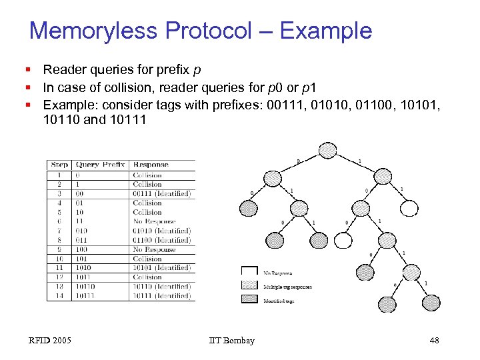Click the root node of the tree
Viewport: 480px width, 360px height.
pos(327,150)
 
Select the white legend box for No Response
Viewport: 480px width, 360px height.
pos(249,271)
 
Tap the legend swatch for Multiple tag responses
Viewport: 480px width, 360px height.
pos(249,285)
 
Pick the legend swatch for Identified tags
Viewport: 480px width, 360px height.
pos(249,299)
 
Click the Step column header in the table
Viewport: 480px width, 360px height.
pos(59,165)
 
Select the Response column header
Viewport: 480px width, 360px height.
pos(151,165)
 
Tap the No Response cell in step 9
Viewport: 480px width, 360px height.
pos(153,249)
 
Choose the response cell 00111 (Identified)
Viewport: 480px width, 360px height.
pos(162,193)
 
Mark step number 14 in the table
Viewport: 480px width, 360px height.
pos(60,295)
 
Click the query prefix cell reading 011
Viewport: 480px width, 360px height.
pos(83,240)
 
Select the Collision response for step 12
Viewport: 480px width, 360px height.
pos(147,277)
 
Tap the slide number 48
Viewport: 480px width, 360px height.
pos(434,341)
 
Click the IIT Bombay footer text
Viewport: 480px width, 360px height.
pos(231,341)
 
